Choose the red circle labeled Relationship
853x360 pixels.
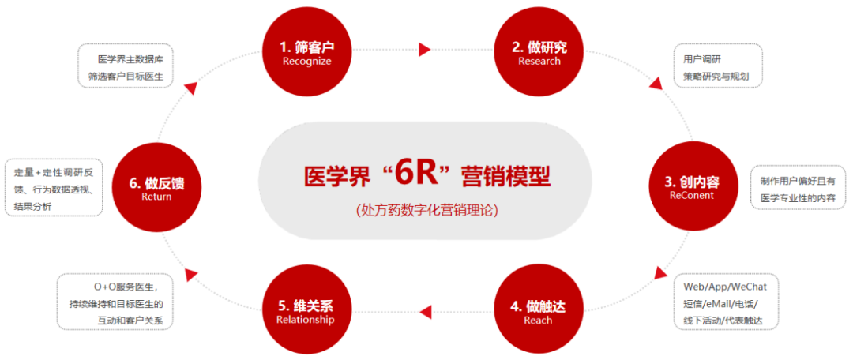click(x=305, y=312)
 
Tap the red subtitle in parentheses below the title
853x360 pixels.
click(x=426, y=210)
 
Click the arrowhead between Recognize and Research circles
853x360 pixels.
click(x=425, y=50)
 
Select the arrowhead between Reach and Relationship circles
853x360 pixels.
click(x=424, y=310)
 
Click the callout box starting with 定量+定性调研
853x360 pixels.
click(x=54, y=189)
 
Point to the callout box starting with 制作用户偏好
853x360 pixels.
click(x=797, y=188)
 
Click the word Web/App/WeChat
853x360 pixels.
click(x=725, y=286)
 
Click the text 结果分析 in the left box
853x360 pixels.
click(x=34, y=206)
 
